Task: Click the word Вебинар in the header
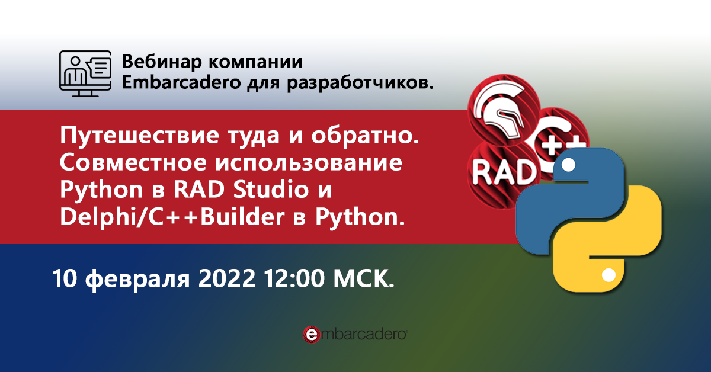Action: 162,62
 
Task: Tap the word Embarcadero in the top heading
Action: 181,82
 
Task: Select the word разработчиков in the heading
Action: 358,84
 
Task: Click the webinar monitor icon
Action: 85,73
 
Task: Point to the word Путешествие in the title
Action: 139,136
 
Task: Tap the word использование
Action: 309,162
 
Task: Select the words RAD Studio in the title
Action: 241,190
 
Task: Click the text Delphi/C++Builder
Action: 172,217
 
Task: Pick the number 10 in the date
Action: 65,278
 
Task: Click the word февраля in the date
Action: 137,280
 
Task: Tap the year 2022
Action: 226,278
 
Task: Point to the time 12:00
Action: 294,278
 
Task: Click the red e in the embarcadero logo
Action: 312,335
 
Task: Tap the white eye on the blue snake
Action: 568,165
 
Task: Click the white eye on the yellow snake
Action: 609,275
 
